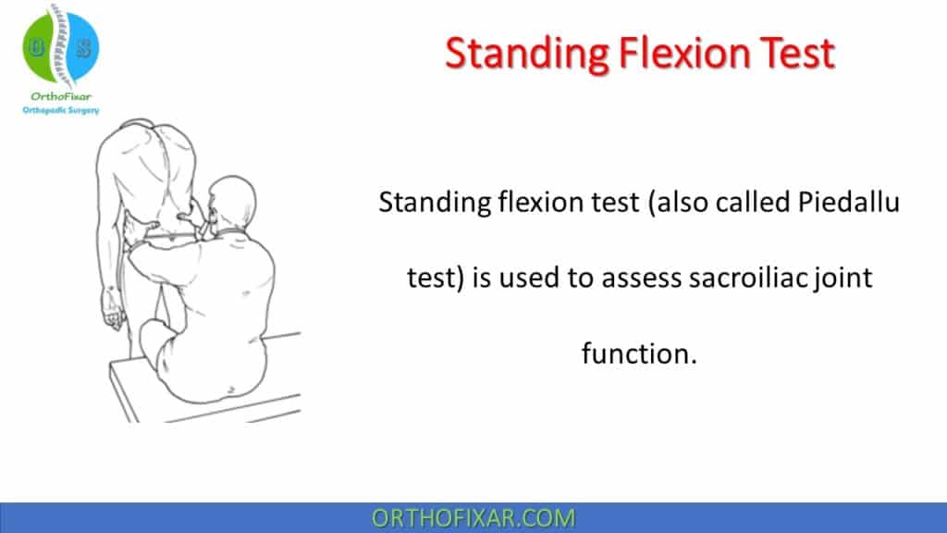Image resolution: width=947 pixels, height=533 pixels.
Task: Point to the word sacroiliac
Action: pos(718,278)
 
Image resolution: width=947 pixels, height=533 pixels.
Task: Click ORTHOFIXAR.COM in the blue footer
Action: pos(473,518)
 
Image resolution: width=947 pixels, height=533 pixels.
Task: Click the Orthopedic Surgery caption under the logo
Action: pos(61,110)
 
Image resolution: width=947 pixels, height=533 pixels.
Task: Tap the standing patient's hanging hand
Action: pos(114,318)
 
